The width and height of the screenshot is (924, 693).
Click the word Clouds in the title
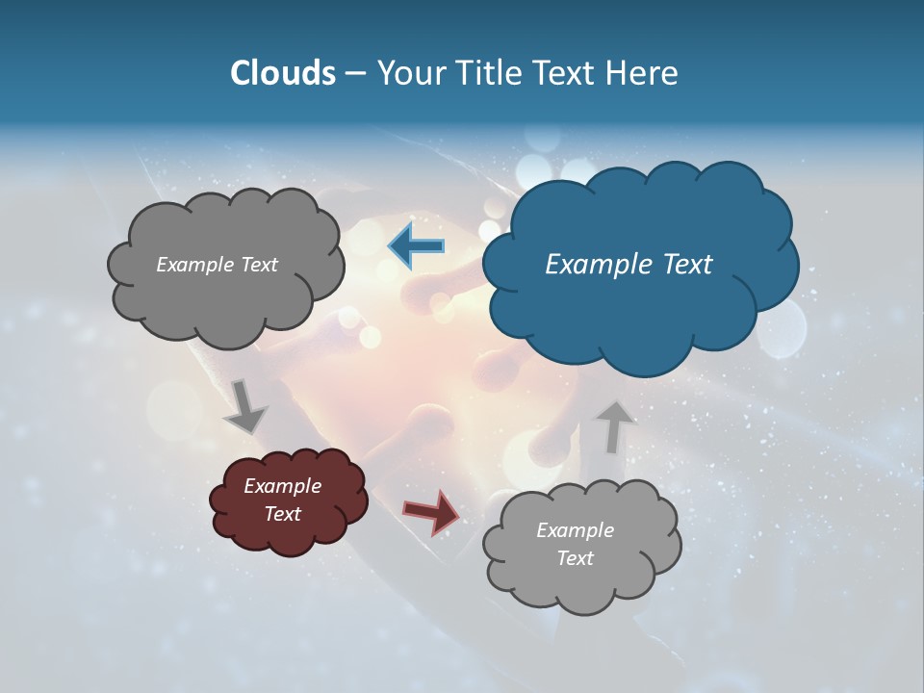282,73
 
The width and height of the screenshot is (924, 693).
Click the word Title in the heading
487,73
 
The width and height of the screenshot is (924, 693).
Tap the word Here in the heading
642,73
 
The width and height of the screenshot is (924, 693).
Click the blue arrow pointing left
416,247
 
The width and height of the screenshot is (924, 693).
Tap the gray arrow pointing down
245,405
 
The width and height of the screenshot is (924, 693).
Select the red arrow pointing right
430,512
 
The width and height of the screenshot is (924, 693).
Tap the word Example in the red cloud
282,486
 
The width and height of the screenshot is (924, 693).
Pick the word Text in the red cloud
282,514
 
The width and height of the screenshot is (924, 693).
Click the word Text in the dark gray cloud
259,265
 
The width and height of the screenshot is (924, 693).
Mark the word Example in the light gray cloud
575,530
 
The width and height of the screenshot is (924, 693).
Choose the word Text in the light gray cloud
575,558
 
